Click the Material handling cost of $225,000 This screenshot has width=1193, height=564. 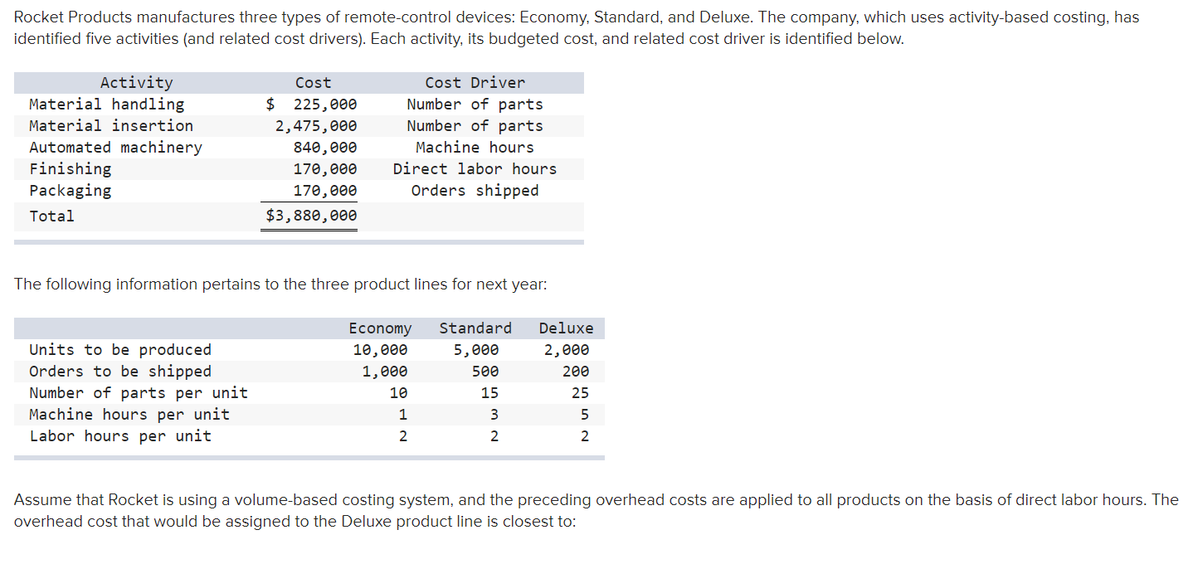point(312,105)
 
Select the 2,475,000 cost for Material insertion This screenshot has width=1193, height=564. point(316,126)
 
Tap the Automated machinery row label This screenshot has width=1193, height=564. point(115,148)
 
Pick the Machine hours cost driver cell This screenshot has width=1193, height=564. point(475,148)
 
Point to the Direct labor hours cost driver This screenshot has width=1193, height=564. point(475,169)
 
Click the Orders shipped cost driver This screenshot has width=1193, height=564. point(475,191)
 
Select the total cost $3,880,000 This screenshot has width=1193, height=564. point(311,216)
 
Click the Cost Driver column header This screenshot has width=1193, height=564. point(475,83)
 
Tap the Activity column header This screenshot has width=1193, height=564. point(136,83)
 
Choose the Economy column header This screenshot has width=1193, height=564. point(380,328)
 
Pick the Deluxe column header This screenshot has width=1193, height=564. point(566,328)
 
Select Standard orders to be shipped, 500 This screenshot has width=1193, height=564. point(485,372)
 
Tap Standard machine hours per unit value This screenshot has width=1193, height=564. point(494,415)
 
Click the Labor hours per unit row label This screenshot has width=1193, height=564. point(120,436)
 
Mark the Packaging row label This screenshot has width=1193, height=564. point(70,191)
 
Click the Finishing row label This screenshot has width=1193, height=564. point(70,169)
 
